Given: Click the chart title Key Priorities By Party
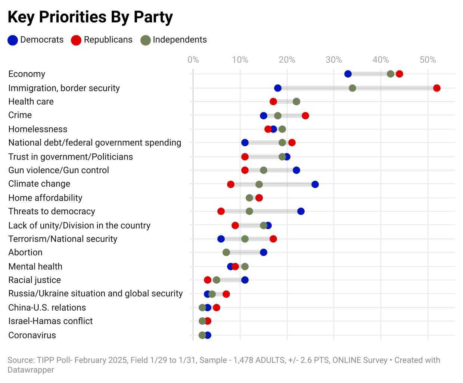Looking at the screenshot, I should [x=90, y=17].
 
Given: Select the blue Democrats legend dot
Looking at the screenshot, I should [x=13, y=40].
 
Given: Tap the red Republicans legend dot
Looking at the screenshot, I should [x=76, y=40].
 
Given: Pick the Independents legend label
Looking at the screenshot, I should [x=180, y=40].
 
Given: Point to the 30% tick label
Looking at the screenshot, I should [x=334, y=60].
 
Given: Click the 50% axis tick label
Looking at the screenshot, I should [x=428, y=60].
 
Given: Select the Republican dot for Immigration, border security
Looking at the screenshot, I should [x=437, y=88].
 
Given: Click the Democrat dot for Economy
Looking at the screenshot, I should [x=348, y=74].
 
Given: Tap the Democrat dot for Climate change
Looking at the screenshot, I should [x=315, y=184].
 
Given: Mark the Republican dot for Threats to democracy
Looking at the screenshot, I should [x=221, y=211].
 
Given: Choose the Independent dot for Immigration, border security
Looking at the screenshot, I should [x=352, y=88].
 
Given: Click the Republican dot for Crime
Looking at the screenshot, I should [x=305, y=116].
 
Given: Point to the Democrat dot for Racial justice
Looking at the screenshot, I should [x=245, y=280].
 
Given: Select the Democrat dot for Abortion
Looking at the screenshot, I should [x=264, y=252].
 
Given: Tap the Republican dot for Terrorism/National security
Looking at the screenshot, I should [x=273, y=239].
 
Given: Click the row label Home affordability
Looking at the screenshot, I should [x=45, y=198].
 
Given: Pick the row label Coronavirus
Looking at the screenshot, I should [x=32, y=335].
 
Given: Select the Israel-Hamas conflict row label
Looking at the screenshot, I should [x=50, y=321].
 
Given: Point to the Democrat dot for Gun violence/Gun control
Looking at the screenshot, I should [x=296, y=170].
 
